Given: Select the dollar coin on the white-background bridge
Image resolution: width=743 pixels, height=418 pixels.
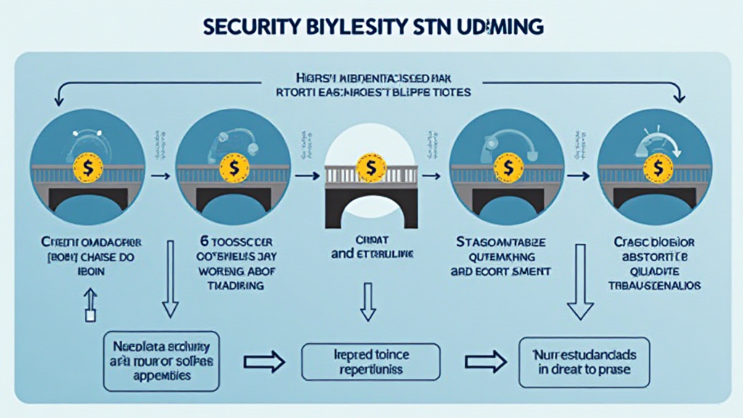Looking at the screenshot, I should pos(371,168).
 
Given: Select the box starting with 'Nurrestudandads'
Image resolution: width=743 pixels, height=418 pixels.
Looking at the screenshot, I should pos(584,361).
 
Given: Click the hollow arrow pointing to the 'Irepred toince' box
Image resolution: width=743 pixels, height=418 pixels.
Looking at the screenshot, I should pos(264,361).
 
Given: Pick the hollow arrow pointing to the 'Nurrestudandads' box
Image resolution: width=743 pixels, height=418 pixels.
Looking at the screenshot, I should pos(484,361).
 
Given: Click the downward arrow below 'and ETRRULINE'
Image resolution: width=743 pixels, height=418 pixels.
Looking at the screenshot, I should pos(367,300).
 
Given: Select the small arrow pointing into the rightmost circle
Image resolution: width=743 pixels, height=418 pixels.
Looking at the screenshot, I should pos(579,176).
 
